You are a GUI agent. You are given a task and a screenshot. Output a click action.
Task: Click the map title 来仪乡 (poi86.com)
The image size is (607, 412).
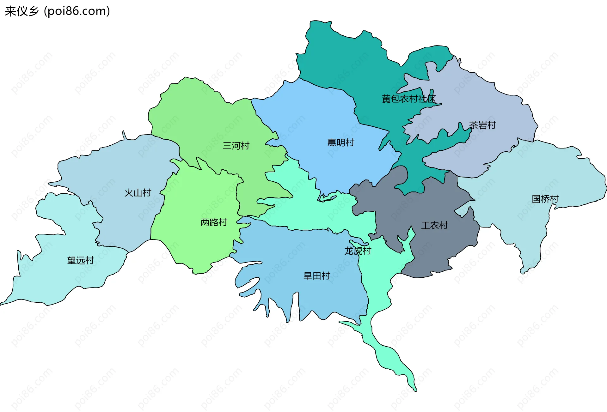(57, 11)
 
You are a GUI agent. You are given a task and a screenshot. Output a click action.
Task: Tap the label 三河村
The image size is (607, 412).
(236, 146)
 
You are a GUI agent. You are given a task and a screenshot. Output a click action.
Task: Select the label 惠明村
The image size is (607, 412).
(340, 142)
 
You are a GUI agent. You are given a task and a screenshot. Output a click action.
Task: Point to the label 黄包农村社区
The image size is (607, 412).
(408, 99)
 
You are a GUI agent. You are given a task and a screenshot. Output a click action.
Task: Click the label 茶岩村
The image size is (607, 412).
(482, 125)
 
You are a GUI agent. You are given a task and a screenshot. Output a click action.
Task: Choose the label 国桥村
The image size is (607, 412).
(545, 199)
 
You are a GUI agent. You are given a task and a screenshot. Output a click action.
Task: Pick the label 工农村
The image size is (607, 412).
(434, 225)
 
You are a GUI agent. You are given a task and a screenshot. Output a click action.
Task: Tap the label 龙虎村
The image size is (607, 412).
(358, 251)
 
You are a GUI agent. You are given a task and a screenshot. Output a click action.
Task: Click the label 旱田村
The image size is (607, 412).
(317, 276)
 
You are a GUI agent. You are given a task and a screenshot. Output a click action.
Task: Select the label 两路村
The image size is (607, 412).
(214, 222)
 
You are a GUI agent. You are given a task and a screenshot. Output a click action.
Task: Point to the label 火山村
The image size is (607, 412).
(138, 193)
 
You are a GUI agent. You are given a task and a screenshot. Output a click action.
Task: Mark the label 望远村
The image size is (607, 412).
(81, 260)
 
